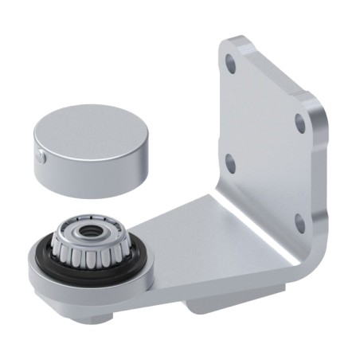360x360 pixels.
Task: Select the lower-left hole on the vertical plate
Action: coord(231,163)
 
